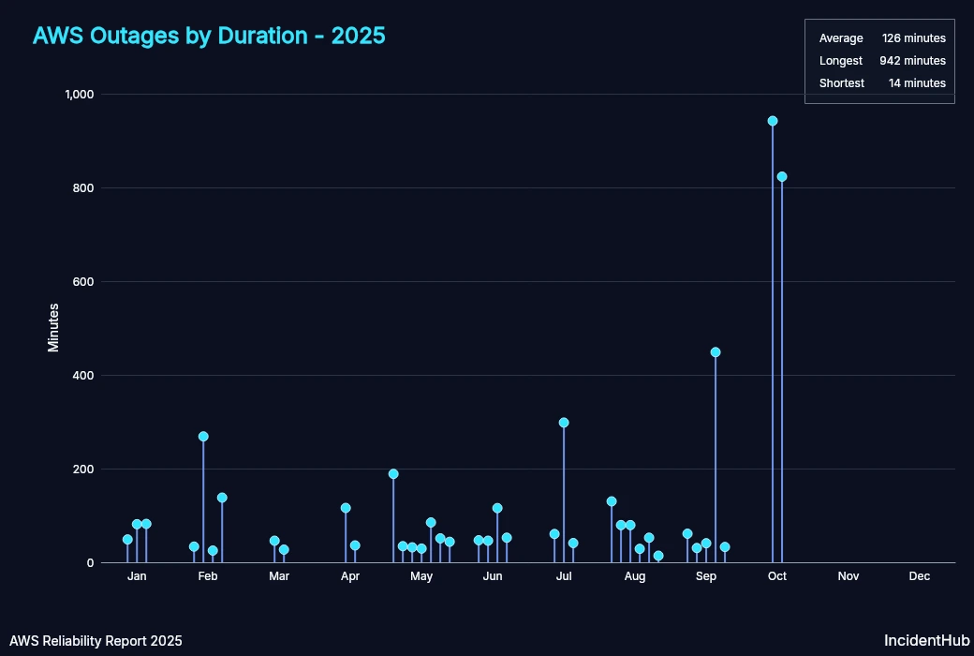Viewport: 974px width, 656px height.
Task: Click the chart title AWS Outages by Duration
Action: (209, 36)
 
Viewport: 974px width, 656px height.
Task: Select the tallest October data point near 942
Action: (773, 121)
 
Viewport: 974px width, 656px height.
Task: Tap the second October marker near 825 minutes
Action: (782, 176)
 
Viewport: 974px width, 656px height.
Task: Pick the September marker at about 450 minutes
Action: (716, 352)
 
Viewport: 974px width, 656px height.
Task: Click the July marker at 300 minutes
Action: (564, 423)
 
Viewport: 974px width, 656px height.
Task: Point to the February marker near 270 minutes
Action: (203, 437)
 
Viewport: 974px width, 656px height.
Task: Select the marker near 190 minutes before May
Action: (393, 474)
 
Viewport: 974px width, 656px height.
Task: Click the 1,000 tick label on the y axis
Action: (80, 95)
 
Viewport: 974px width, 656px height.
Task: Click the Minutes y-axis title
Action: (53, 327)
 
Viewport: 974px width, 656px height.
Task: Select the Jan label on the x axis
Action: (137, 576)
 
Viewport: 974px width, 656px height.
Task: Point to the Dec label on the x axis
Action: (920, 576)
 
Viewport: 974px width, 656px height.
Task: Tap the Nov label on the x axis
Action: (849, 576)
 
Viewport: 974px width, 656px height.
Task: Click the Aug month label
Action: (635, 576)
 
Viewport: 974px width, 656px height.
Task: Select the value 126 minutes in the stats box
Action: (913, 38)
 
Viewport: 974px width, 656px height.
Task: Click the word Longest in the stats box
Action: (840, 61)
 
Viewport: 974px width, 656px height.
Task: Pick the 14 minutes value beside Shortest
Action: (917, 83)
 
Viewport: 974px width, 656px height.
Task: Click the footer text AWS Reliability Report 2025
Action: (96, 641)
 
